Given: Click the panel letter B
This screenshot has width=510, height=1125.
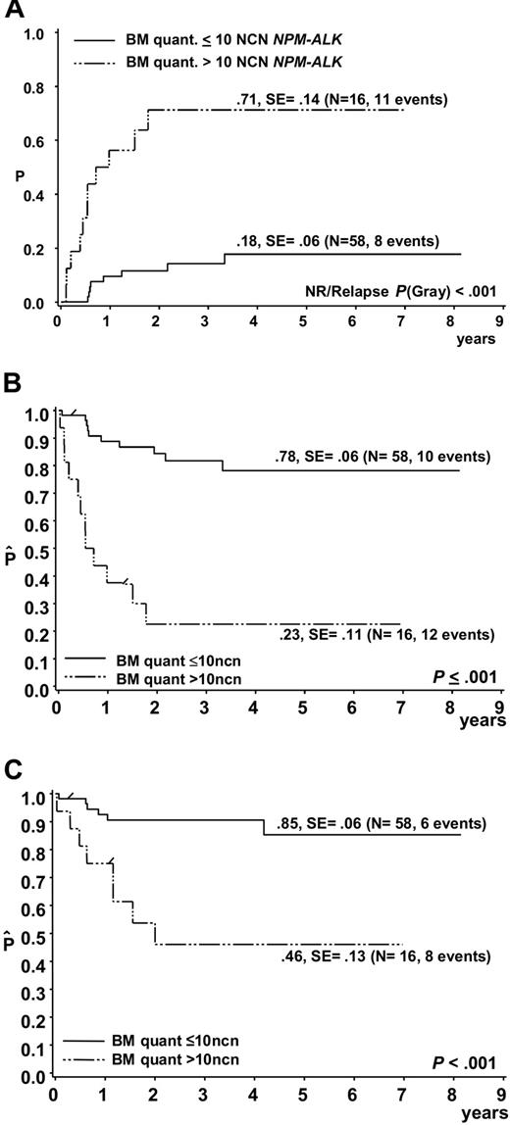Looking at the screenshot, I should pos(15,384).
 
